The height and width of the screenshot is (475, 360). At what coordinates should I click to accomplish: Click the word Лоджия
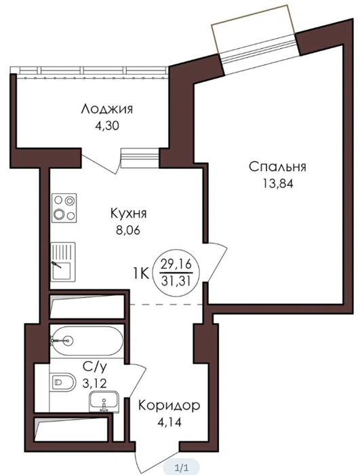click(107, 109)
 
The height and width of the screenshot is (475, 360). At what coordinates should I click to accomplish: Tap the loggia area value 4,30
click(107, 126)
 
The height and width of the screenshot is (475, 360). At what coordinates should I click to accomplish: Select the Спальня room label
click(277, 167)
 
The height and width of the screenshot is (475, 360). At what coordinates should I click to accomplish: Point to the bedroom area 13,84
click(278, 184)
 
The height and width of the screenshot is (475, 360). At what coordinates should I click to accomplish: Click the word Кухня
click(128, 214)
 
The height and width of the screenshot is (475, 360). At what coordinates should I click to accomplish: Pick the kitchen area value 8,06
click(128, 231)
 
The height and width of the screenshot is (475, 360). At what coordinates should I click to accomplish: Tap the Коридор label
click(169, 405)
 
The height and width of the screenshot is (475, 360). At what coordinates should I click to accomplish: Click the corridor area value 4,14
click(169, 422)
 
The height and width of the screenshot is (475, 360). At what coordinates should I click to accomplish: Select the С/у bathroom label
click(95, 367)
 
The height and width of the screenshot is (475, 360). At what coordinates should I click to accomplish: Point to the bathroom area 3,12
click(95, 384)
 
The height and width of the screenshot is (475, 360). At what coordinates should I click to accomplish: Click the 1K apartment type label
click(140, 274)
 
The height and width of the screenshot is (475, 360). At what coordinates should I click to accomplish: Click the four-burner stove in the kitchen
click(64, 208)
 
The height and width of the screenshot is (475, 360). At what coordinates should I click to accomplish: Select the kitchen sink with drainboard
click(62, 262)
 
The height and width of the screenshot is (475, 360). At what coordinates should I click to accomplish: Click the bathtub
click(87, 341)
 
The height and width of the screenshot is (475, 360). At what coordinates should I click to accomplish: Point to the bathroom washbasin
click(104, 402)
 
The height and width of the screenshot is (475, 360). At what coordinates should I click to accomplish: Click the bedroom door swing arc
click(218, 261)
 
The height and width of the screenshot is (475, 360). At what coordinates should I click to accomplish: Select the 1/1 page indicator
click(182, 468)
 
